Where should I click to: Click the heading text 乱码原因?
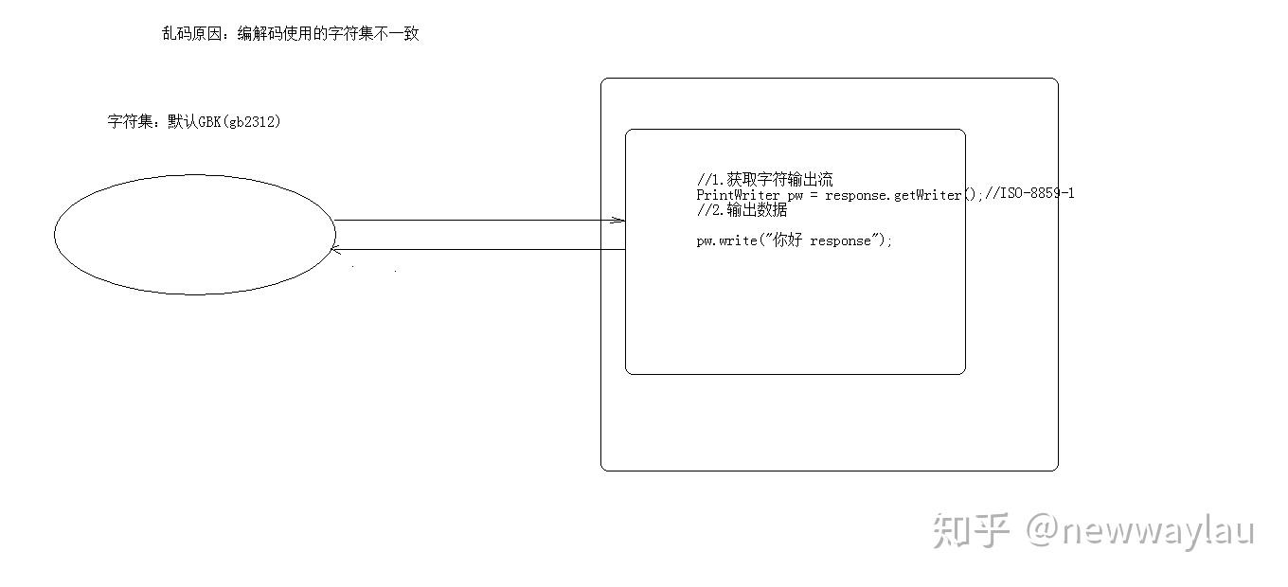pos(191,34)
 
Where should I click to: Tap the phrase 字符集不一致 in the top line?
pos(373,34)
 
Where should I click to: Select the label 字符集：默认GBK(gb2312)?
pos(194,122)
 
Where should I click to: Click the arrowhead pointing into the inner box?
pos(618,221)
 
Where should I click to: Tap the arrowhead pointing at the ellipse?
pos(336,250)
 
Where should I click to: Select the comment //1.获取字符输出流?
pos(765,180)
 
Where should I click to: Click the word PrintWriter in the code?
pos(738,195)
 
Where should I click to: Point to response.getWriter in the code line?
pos(893,195)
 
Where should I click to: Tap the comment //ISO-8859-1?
pos(1029,193)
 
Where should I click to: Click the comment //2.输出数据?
pos(742,210)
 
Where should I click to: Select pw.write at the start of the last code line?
pos(726,240)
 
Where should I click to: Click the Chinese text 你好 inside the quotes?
pos(787,240)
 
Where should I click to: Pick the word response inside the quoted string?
pos(840,241)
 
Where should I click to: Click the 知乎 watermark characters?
pos(971,530)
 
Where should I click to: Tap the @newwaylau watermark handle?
pos(1140,531)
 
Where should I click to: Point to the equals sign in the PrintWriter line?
pos(814,195)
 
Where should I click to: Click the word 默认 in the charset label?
pos(182,122)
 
